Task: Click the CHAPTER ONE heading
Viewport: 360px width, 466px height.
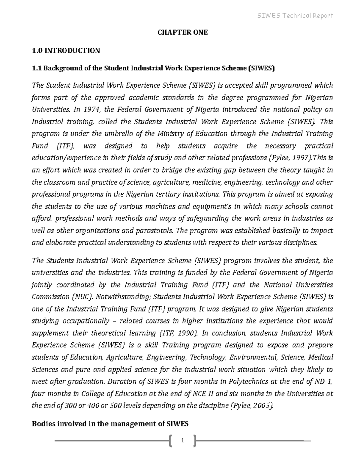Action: coord(183,32)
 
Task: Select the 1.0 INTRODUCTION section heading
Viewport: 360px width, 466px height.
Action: coord(66,50)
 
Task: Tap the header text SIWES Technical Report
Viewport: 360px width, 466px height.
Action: coord(295,16)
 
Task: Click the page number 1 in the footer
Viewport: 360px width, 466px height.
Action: coord(182,441)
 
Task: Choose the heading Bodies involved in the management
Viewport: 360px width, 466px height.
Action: coord(110,424)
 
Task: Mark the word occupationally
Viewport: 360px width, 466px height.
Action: coord(86,321)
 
